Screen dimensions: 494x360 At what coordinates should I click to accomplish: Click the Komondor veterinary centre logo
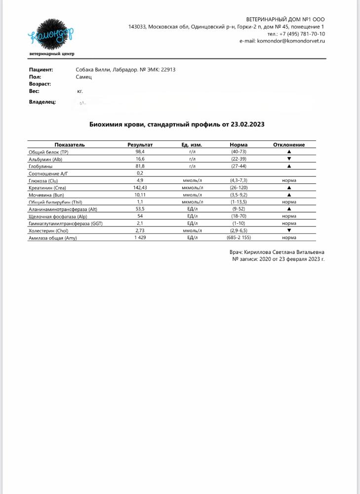[x=51, y=36]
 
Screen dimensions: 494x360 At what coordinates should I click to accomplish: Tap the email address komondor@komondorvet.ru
[x=290, y=41]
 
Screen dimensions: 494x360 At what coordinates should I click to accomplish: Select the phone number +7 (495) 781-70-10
[x=303, y=34]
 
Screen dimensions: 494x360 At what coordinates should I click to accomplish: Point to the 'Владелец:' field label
[x=42, y=102]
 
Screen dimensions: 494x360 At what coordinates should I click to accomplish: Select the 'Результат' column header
[x=140, y=145]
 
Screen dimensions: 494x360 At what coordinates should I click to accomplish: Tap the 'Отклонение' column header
[x=289, y=145]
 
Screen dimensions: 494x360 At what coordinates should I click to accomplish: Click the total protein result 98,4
[x=140, y=152]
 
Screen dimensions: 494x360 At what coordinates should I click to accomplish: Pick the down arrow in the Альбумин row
[x=289, y=159]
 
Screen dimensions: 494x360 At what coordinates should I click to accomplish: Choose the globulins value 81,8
[x=140, y=166]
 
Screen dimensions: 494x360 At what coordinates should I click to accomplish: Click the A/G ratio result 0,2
[x=140, y=173]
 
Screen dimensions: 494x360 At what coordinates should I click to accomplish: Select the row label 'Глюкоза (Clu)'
[x=44, y=181]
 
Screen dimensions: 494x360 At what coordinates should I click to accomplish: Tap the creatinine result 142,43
[x=140, y=188]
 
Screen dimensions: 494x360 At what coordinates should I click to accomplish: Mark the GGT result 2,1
[x=140, y=223]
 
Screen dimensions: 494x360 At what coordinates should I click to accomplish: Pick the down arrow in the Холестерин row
[x=289, y=231]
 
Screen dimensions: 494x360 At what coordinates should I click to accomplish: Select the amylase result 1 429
[x=140, y=238]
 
